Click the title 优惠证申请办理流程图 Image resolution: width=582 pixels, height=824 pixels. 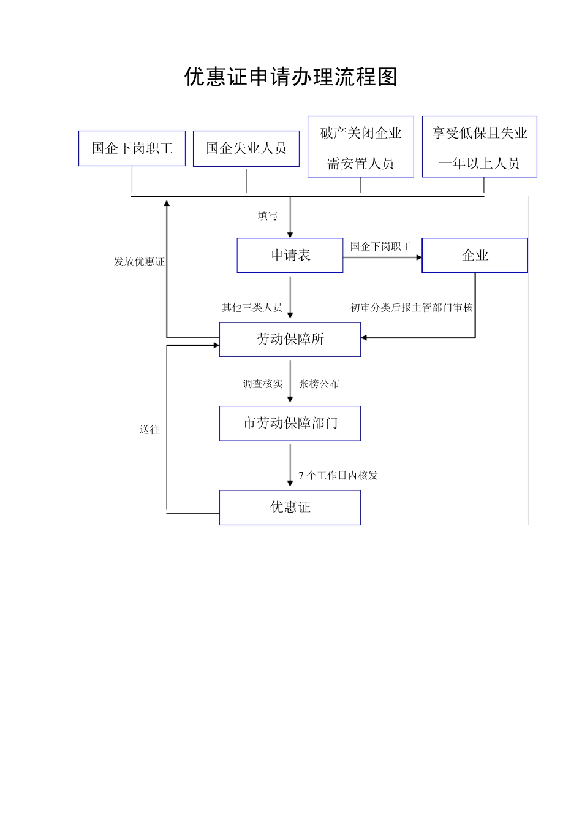(x=291, y=77)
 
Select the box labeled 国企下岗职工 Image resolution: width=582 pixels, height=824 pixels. (x=132, y=148)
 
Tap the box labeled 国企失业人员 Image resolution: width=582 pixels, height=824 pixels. (x=246, y=148)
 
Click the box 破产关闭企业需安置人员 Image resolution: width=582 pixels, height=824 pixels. (x=360, y=147)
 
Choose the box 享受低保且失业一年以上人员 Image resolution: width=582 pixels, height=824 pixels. (x=479, y=147)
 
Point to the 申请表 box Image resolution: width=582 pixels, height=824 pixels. (x=290, y=256)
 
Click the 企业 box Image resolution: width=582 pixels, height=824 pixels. (x=475, y=256)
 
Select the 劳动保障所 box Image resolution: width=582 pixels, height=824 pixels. (x=290, y=340)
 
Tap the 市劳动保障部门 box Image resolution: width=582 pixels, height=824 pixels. (x=290, y=424)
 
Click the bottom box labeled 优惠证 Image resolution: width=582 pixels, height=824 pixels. (x=290, y=508)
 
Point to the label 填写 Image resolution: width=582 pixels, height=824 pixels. (x=268, y=216)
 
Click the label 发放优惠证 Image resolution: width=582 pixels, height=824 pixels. (x=139, y=262)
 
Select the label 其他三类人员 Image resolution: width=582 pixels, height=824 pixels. (x=252, y=308)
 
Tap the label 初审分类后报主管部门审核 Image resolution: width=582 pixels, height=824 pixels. (x=411, y=308)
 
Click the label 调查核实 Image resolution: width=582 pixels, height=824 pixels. (x=263, y=384)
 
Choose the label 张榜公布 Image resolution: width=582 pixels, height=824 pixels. (x=319, y=384)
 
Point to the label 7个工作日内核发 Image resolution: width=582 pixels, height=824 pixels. (x=338, y=476)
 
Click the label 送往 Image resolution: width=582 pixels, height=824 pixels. (x=149, y=430)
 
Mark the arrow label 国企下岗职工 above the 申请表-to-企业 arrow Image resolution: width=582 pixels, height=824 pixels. (x=380, y=246)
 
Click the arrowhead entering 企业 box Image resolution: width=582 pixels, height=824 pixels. (x=420, y=257)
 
